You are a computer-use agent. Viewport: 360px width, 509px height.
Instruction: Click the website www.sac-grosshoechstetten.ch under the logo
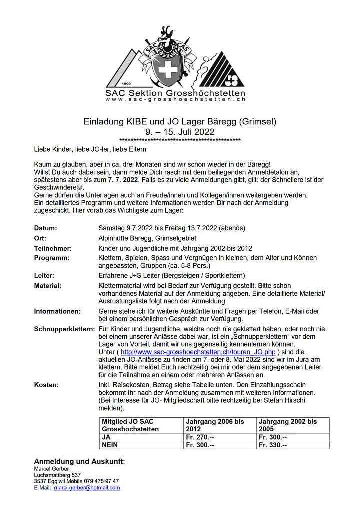click(x=179, y=100)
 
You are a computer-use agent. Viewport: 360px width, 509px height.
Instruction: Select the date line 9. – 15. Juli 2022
click(x=180, y=132)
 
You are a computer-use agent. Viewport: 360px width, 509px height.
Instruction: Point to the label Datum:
click(x=45, y=228)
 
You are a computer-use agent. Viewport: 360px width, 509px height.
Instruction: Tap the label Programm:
click(x=52, y=257)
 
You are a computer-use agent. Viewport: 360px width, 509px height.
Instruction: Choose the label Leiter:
click(x=44, y=275)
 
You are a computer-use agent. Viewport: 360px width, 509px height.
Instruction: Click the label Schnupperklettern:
click(x=64, y=329)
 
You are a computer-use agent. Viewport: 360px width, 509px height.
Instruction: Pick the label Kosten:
click(x=46, y=385)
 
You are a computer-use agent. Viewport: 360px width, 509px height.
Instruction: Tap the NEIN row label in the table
click(x=111, y=445)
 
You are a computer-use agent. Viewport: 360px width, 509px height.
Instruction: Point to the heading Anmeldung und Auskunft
click(x=78, y=461)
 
